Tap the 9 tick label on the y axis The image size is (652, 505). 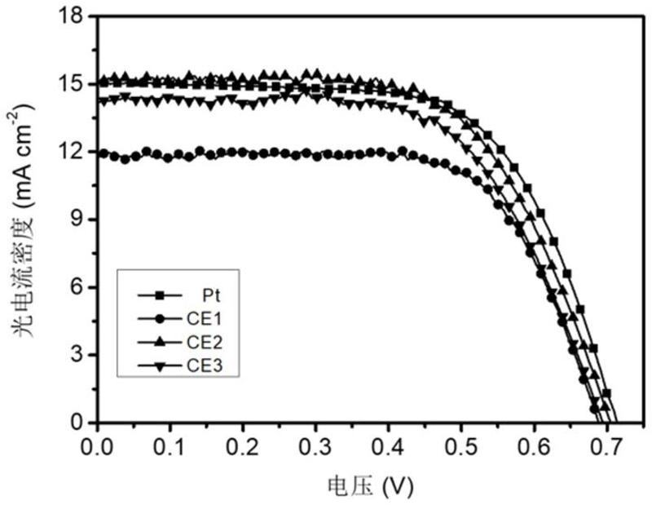coord(79,219)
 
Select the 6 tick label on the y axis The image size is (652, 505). coord(79,287)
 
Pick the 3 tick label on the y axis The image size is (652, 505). coord(79,355)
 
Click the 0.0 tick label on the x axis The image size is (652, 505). coord(98,445)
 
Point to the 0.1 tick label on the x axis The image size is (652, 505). coord(170,445)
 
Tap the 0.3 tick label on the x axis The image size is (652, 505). coord(315,445)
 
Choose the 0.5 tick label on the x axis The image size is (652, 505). coord(460,445)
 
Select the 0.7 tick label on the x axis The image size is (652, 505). coord(606,445)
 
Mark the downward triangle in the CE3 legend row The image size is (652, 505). coord(160,368)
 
